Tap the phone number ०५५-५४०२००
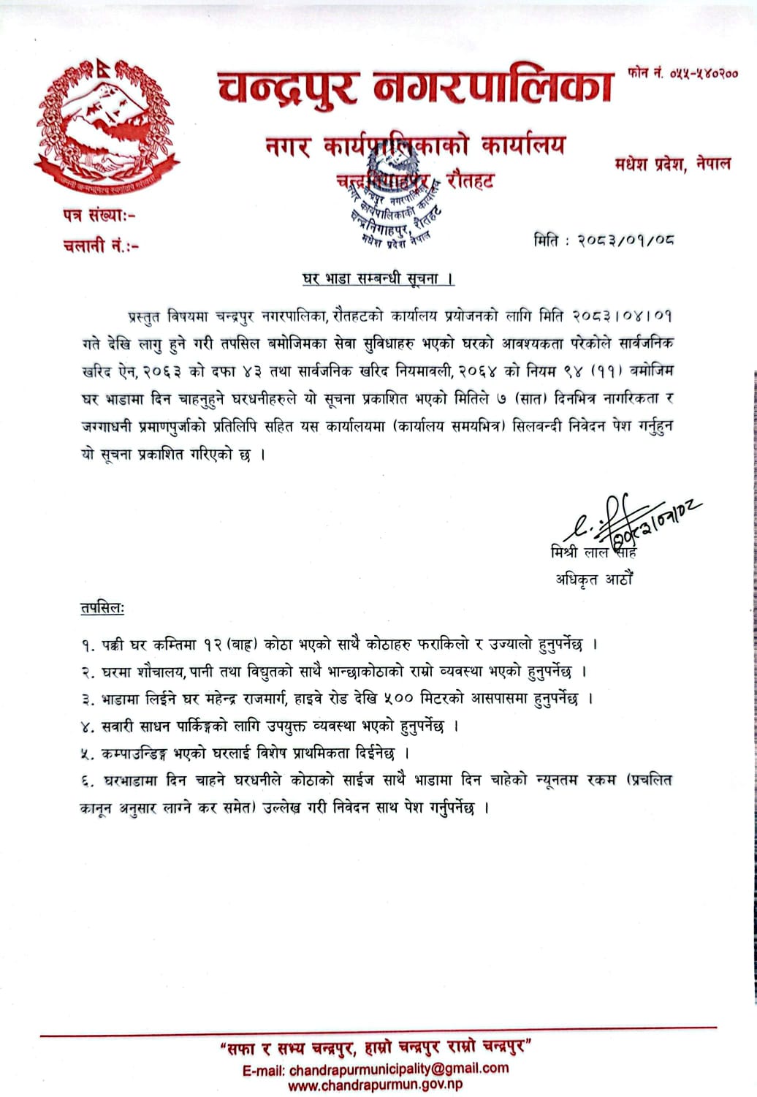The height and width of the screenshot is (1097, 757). pos(682,74)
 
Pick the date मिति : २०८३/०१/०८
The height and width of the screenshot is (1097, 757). pos(604,240)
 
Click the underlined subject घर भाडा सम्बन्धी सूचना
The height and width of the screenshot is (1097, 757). pos(378,278)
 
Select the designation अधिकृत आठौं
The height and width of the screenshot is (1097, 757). pos(593,580)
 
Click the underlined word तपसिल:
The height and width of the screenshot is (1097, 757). pos(102,608)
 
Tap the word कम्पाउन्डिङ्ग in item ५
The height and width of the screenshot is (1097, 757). pos(134,754)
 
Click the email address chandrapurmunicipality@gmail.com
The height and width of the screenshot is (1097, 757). pos(397,1068)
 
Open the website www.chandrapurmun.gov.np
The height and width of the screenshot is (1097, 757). pos(375,1085)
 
